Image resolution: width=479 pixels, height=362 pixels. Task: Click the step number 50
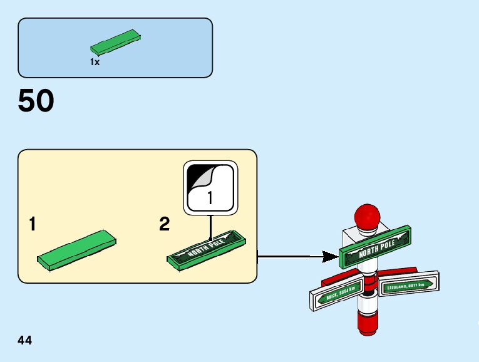36,101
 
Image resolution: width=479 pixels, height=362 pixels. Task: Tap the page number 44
25,341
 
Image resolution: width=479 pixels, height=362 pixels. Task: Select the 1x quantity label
95,63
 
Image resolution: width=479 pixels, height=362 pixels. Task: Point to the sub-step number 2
165,224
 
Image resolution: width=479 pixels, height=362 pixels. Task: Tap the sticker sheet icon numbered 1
210,188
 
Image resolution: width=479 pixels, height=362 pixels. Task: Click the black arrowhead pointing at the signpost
329,256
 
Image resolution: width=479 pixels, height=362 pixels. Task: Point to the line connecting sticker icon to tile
211,224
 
